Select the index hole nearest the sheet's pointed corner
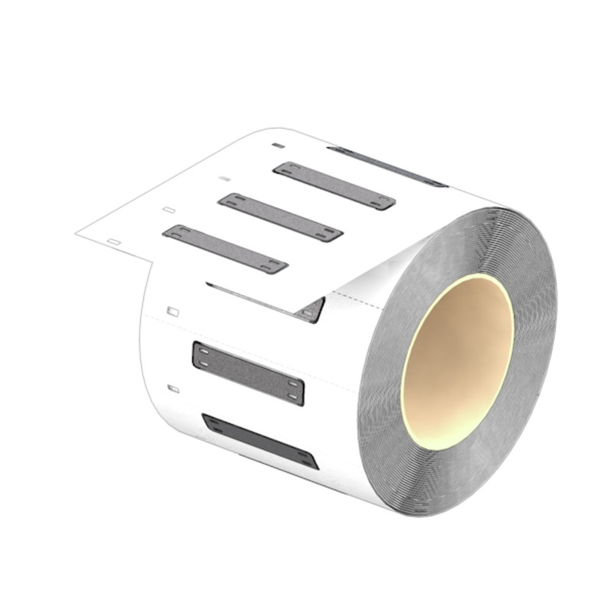click(113, 242)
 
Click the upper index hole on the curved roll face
click(173, 311)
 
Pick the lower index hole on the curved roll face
click(173, 389)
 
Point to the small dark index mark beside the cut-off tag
click(278, 146)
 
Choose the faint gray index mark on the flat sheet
click(224, 178)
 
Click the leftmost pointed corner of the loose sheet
click(77, 233)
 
